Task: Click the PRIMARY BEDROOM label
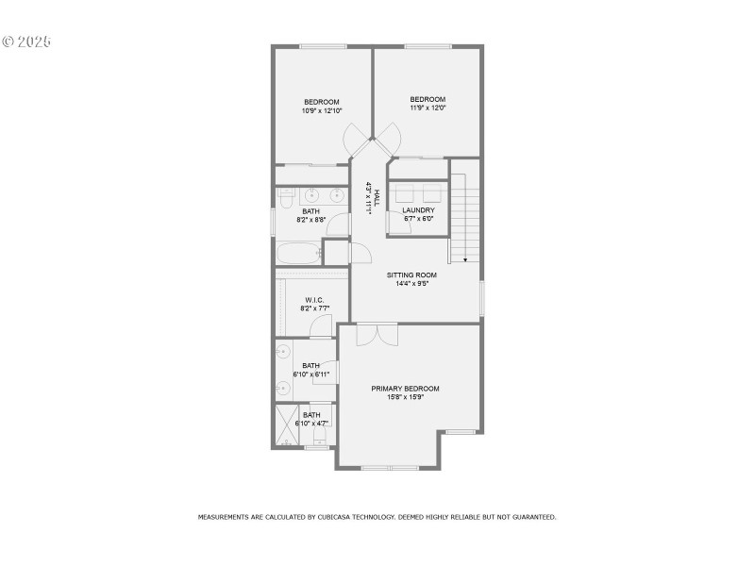coord(405,389)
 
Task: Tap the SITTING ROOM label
coord(411,275)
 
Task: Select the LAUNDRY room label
coord(418,210)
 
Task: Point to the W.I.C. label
coord(314,300)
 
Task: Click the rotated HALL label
coord(377,198)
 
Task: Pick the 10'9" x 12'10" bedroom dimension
coord(322,110)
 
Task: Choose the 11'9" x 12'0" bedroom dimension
coord(428,108)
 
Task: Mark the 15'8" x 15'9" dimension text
coord(405,397)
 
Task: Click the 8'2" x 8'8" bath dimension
coord(311,219)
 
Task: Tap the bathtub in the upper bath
coord(298,253)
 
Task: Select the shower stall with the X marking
coord(287,424)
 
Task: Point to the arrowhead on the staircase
coord(464,258)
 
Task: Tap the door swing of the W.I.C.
coord(321,326)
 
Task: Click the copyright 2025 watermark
coord(25,42)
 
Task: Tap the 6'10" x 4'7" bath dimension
coord(311,423)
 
